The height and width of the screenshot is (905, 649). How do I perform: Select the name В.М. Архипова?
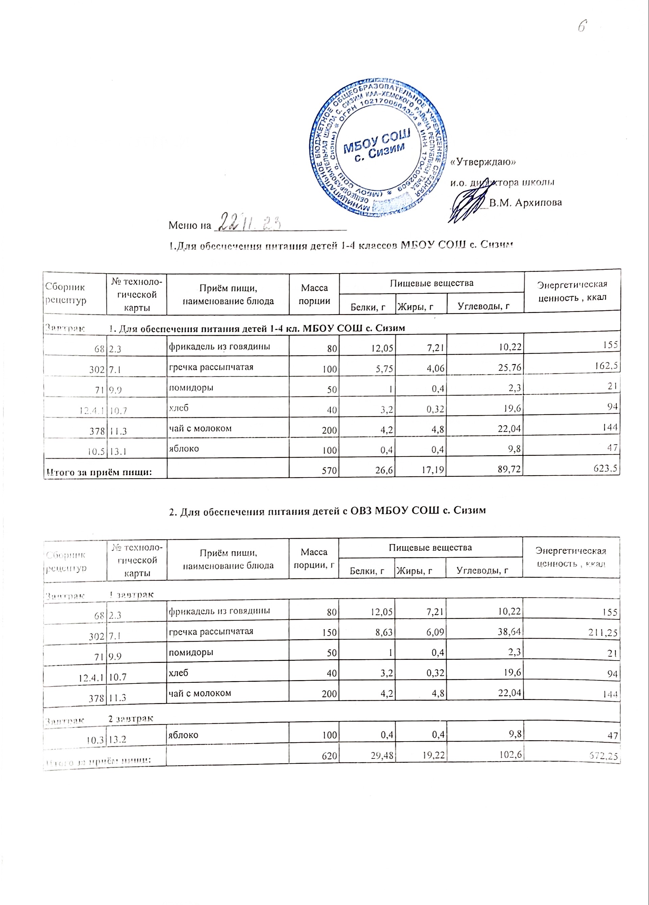(x=525, y=202)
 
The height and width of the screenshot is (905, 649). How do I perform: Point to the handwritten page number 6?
(x=582, y=27)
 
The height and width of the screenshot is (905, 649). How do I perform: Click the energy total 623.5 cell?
(x=607, y=468)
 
